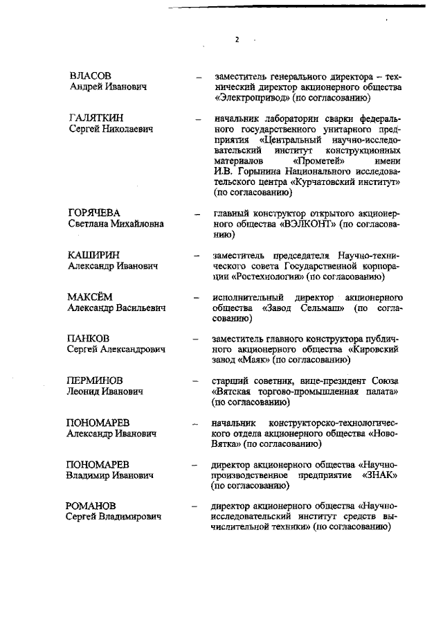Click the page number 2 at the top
[237, 39]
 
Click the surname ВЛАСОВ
[91, 76]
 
